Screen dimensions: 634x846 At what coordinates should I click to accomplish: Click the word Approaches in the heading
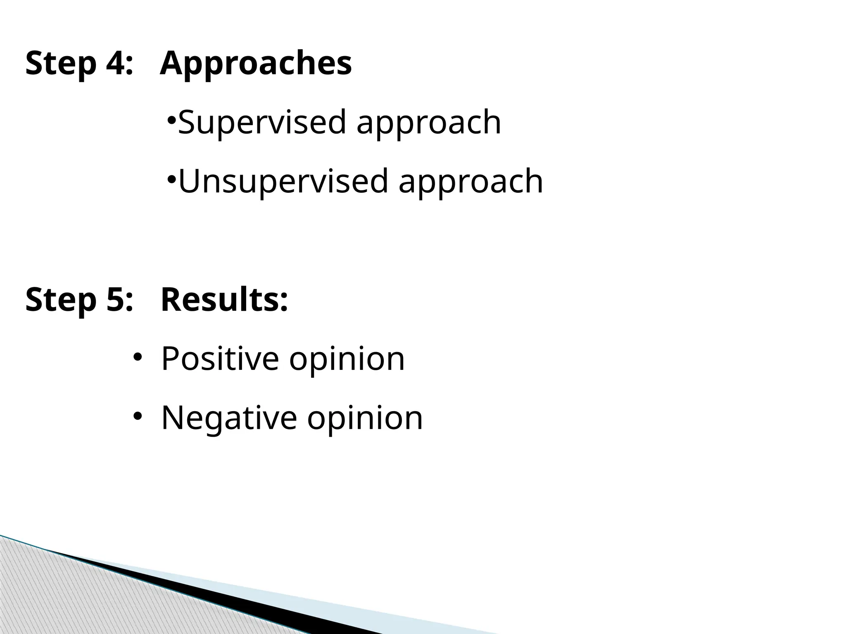256,64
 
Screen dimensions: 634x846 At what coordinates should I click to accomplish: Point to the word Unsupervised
283,181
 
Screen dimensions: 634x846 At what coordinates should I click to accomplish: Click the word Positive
220,359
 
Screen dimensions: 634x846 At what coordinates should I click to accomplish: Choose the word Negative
229,418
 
